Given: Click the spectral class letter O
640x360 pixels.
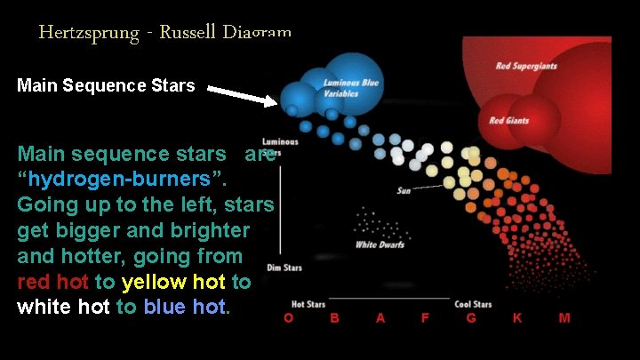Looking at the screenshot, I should pos(288,317).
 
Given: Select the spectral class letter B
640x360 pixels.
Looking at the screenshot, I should pos(334,317).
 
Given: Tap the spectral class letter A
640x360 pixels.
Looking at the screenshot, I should pos(380,317).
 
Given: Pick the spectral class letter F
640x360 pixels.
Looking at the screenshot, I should pos(425,317).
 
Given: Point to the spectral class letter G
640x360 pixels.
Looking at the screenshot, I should pos(471,317).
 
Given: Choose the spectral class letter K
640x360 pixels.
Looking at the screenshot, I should pos(517,317).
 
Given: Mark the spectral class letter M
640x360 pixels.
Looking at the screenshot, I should pos(564,317).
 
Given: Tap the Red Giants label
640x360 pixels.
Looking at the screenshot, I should pos(509,121).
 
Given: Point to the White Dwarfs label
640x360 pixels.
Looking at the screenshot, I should pos(380,244).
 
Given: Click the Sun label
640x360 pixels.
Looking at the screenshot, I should pos(404,190).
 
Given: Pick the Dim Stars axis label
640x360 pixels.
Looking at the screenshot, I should pos(284,267).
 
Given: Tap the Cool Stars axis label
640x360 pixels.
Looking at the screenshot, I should pos(472,305).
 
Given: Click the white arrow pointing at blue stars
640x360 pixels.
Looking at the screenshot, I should pos(242,94).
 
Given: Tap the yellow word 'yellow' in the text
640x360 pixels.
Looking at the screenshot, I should pos(156,283).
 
